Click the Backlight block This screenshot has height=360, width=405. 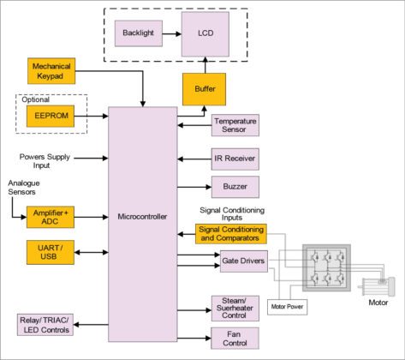[x=138, y=33]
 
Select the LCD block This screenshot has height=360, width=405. [x=205, y=33]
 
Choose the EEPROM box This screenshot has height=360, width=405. [x=52, y=115]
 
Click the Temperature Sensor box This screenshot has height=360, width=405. [x=235, y=126]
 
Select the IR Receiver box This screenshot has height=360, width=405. [x=235, y=158]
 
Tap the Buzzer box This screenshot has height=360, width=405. [x=235, y=187]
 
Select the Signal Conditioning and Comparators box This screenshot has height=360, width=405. [x=232, y=232]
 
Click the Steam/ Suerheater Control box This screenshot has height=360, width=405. [x=235, y=306]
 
